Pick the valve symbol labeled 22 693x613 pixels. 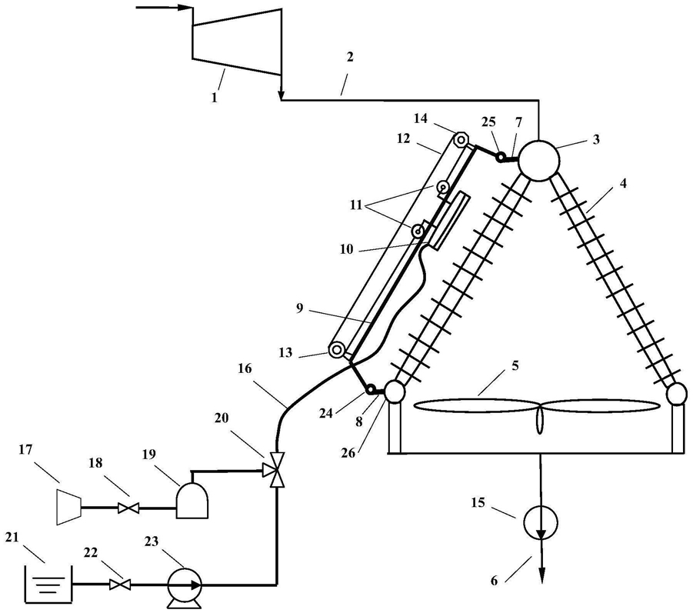tap(118, 585)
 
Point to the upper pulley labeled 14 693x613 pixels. tap(461, 140)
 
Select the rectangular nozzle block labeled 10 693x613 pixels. tap(449, 221)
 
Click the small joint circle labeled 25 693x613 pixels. tap(501, 158)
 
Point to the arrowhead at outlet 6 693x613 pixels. tap(541, 576)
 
